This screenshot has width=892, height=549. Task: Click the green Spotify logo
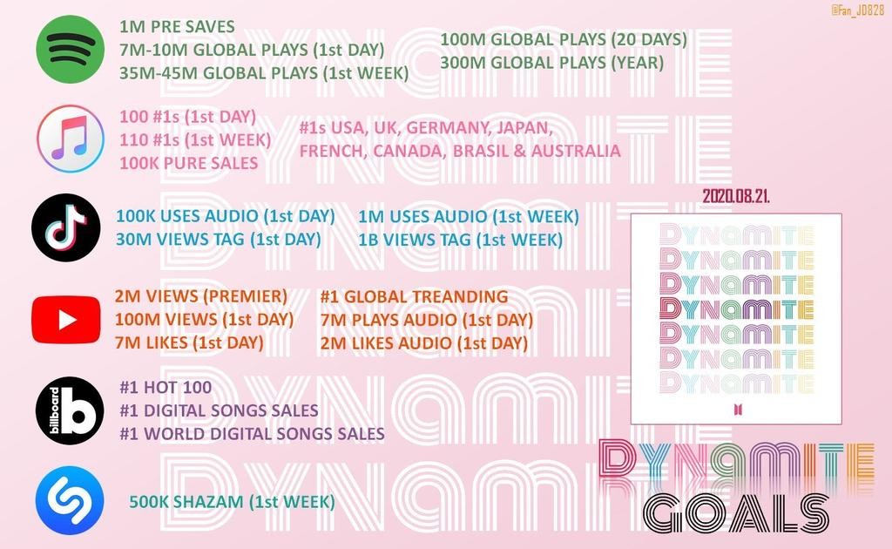(70, 50)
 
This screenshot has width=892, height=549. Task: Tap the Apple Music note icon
(71, 139)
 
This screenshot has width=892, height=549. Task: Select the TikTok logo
(66, 227)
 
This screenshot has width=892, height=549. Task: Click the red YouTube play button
(66, 320)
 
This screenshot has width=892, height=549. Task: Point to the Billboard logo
(70, 410)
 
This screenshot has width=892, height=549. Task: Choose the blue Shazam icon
(70, 501)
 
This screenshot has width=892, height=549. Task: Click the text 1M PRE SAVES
(177, 27)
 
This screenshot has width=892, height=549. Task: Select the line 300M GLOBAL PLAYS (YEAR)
(551, 63)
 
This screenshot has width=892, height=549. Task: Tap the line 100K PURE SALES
(189, 163)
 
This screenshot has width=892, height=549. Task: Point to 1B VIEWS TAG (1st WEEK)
(460, 240)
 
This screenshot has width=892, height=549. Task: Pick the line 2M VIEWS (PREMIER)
(201, 296)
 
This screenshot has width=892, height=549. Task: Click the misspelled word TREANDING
(460, 297)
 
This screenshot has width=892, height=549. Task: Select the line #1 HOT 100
(166, 388)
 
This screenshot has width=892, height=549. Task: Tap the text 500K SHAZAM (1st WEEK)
(232, 502)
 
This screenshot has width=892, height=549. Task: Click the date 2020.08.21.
(736, 196)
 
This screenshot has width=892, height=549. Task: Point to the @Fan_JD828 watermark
(857, 10)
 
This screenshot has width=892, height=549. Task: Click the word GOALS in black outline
(735, 513)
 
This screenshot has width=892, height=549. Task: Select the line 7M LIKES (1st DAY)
(189, 343)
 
